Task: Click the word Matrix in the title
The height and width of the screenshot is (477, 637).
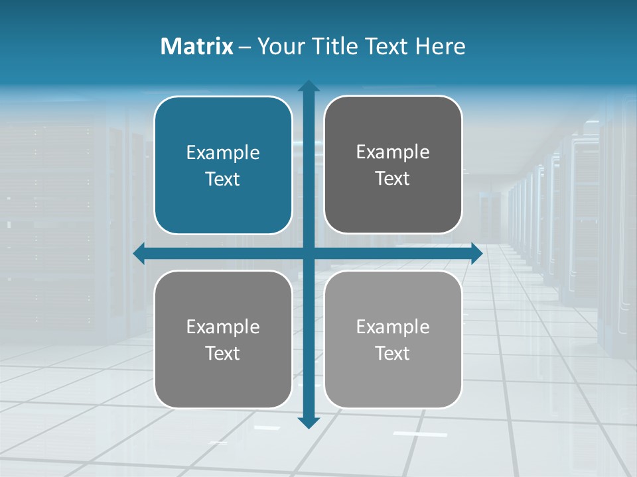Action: [196, 46]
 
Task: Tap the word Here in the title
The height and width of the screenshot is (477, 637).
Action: [441, 46]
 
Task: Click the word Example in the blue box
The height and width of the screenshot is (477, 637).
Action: [223, 153]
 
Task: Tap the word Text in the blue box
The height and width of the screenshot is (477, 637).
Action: [223, 180]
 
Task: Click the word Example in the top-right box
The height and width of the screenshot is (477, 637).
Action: [393, 152]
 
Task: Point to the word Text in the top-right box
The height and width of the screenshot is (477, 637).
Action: [393, 179]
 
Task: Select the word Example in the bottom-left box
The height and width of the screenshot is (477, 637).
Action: [223, 327]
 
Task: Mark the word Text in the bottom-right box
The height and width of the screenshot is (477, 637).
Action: [393, 354]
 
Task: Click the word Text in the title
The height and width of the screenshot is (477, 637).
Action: [385, 46]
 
